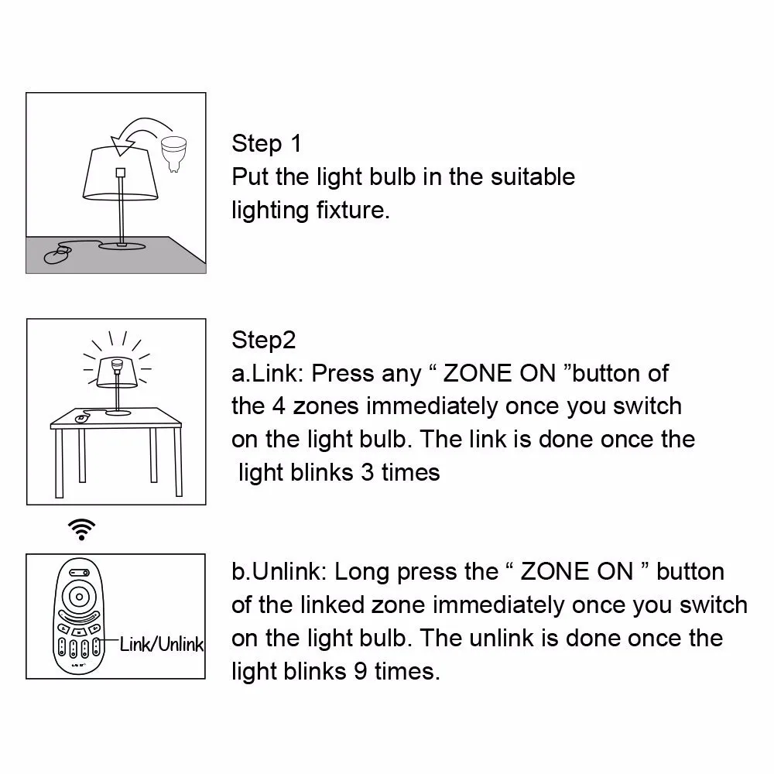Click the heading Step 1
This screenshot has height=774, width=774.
[x=266, y=143]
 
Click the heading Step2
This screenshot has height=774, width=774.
[x=263, y=340]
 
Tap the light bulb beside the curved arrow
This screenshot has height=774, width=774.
[x=175, y=148]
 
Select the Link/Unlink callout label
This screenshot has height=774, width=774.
[x=161, y=644]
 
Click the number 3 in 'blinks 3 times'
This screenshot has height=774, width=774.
[x=368, y=472]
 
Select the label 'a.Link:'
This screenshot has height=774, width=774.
[x=268, y=373]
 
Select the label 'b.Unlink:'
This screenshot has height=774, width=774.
[x=279, y=572]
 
